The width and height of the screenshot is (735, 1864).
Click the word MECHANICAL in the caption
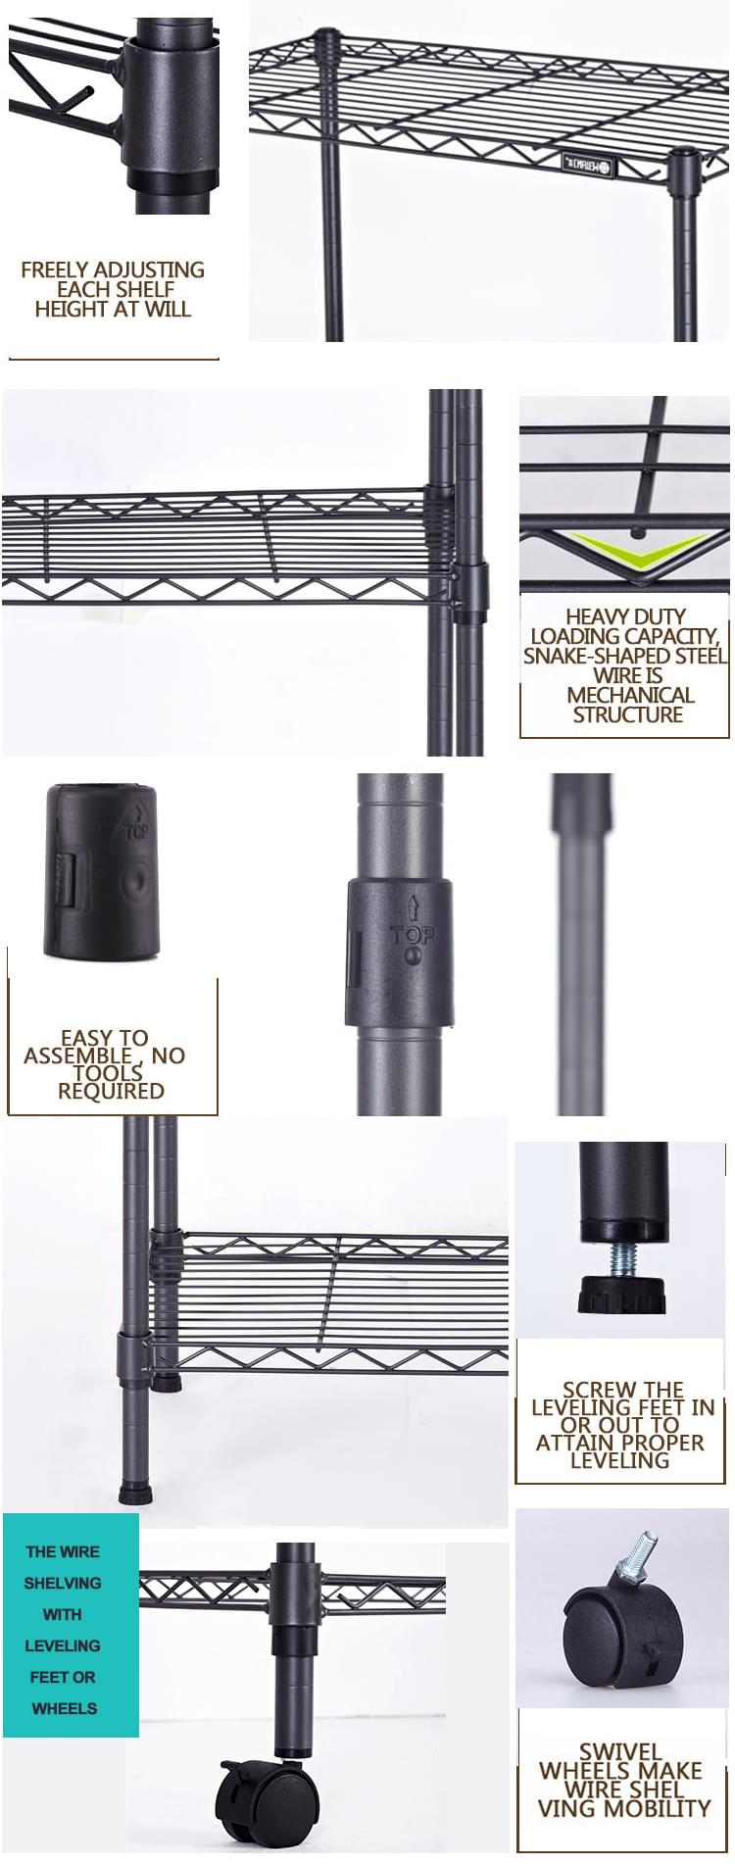[630, 695]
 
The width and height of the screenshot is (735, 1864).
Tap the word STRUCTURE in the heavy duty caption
[628, 714]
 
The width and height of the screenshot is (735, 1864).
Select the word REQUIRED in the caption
[111, 1091]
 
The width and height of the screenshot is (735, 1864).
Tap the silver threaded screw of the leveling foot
[622, 1259]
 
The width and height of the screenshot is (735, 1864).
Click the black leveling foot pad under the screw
[622, 1294]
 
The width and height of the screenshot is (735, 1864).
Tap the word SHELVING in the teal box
[63, 1583]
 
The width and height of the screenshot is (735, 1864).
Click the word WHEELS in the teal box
[65, 1708]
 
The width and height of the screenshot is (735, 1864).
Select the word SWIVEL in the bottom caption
[620, 1751]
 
